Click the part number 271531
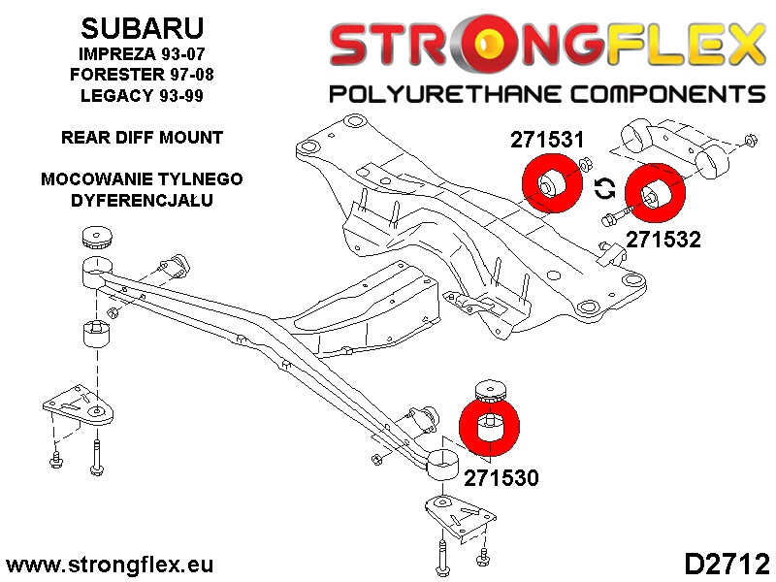(549, 142)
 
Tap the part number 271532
(663, 238)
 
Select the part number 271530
(501, 477)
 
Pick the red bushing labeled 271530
(491, 428)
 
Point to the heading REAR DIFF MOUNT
(142, 138)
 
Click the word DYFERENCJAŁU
(142, 201)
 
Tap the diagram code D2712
(727, 564)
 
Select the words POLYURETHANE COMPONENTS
(548, 94)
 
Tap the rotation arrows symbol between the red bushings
(601, 187)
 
